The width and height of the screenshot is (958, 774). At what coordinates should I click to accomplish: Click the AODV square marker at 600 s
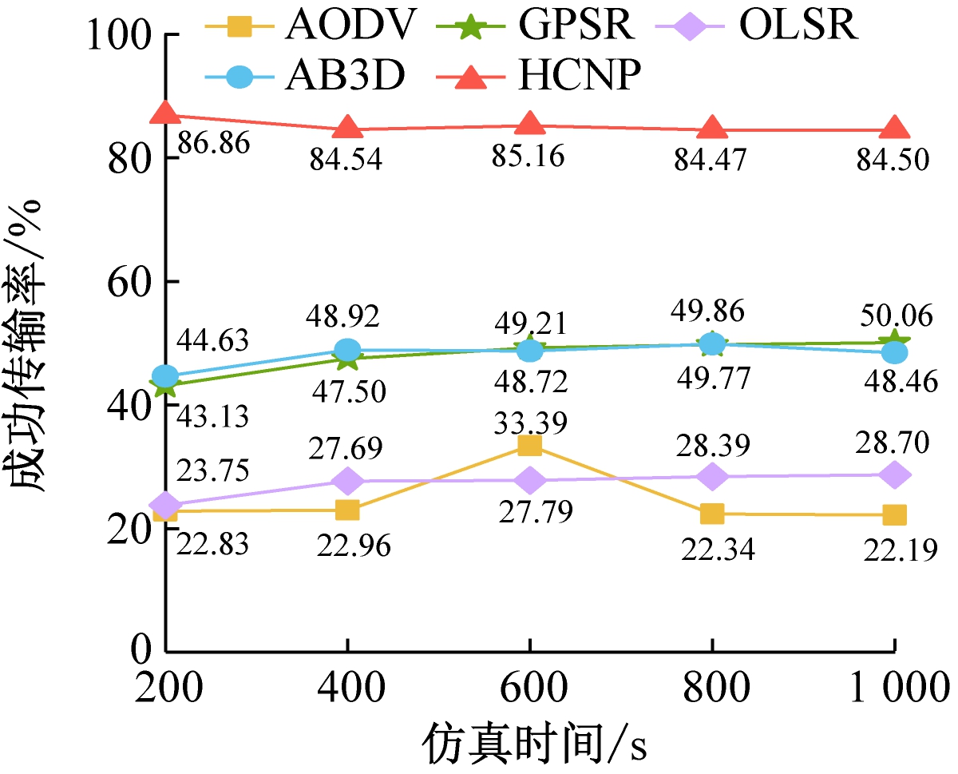[x=529, y=445]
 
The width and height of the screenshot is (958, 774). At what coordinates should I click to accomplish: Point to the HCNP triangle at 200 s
[x=166, y=113]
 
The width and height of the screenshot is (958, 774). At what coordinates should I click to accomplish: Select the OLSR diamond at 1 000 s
[x=894, y=474]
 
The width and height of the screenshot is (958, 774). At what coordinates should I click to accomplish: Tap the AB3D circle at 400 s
[x=347, y=350]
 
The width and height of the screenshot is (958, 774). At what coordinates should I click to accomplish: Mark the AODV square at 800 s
[x=711, y=514]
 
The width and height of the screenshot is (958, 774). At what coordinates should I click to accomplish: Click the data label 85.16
[x=530, y=156]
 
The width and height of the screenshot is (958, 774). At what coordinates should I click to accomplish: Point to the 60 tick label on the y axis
[x=131, y=283]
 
